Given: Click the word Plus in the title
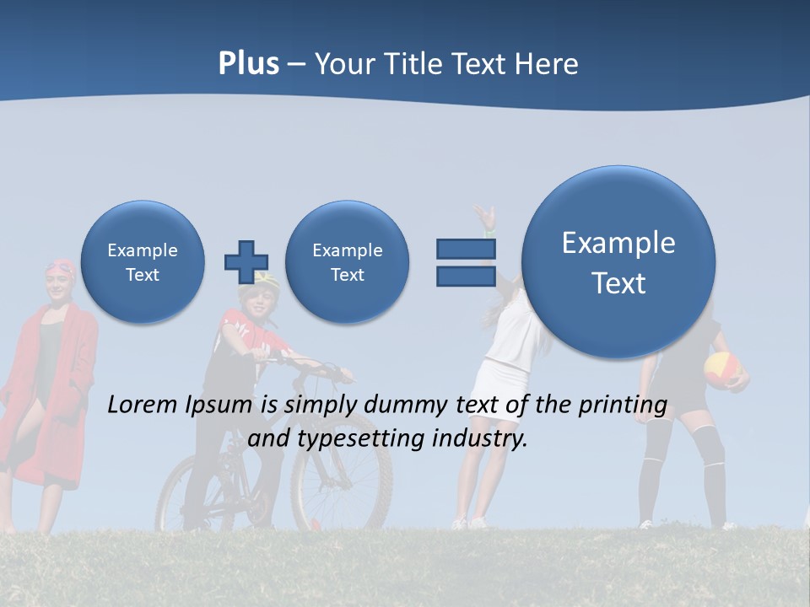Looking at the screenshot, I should tap(248, 64).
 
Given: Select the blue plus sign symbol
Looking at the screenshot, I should tap(246, 261).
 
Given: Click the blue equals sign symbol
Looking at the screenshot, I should tap(466, 262).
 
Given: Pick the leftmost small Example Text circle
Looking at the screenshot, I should tap(143, 262).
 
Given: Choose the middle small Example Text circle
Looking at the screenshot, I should tap(347, 262).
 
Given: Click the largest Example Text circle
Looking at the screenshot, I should tap(618, 262).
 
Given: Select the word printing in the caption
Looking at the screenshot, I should tap(624, 406).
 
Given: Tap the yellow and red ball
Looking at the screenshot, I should tap(722, 369).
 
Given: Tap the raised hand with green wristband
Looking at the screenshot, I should tap(484, 218).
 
